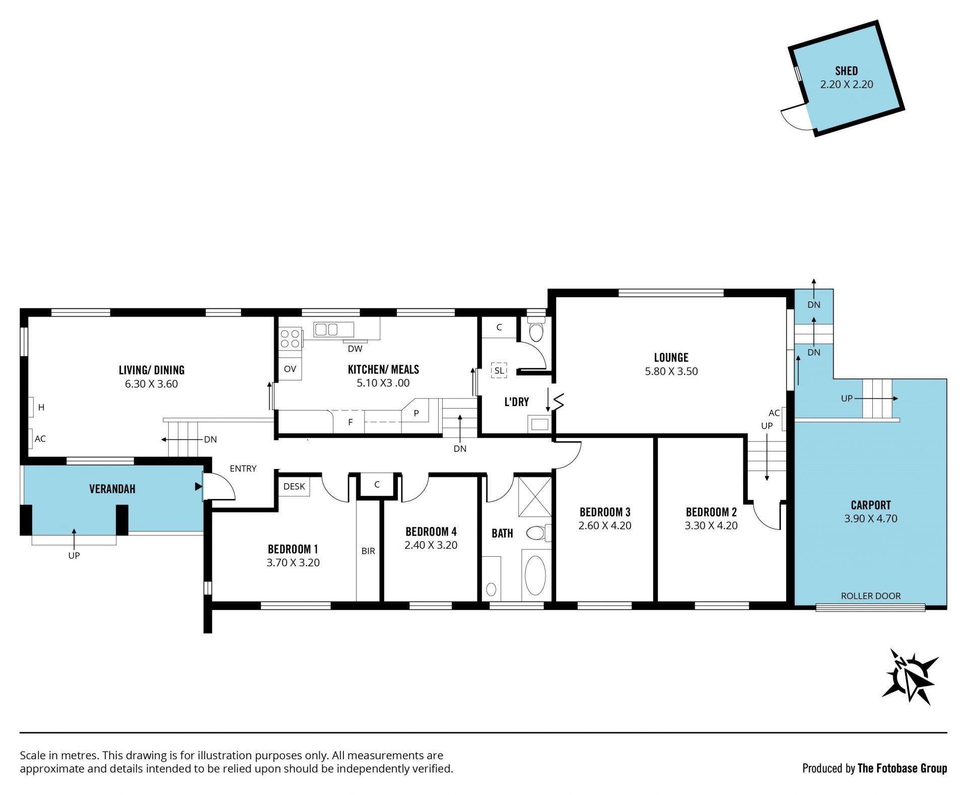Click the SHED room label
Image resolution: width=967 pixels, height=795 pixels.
pyautogui.click(x=846, y=71)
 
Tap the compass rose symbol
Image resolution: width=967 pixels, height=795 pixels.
pyautogui.click(x=910, y=677)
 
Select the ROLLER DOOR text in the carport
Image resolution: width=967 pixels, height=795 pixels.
pyautogui.click(x=871, y=596)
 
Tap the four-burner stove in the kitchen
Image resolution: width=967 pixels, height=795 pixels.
pyautogui.click(x=290, y=338)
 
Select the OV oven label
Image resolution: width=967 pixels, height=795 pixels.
pyautogui.click(x=290, y=369)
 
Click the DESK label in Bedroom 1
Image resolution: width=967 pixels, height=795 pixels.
pyautogui.click(x=294, y=486)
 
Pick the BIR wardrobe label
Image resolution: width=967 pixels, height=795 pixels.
pyautogui.click(x=368, y=551)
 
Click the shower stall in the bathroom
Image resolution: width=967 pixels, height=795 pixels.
pyautogui.click(x=535, y=496)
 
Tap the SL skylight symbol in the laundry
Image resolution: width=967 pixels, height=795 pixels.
pyautogui.click(x=499, y=370)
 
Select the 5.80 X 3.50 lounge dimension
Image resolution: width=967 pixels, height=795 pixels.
pyautogui.click(x=671, y=371)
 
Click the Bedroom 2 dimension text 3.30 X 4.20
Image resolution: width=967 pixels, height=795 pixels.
pyautogui.click(x=711, y=525)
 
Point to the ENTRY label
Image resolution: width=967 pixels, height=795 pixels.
pyautogui.click(x=243, y=469)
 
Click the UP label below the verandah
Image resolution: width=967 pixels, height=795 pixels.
pyautogui.click(x=74, y=556)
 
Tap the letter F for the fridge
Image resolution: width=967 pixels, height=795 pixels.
pyautogui.click(x=351, y=423)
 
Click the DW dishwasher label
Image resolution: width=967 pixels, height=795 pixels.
pyautogui.click(x=355, y=349)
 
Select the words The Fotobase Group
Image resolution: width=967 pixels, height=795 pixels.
pyautogui.click(x=902, y=768)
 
